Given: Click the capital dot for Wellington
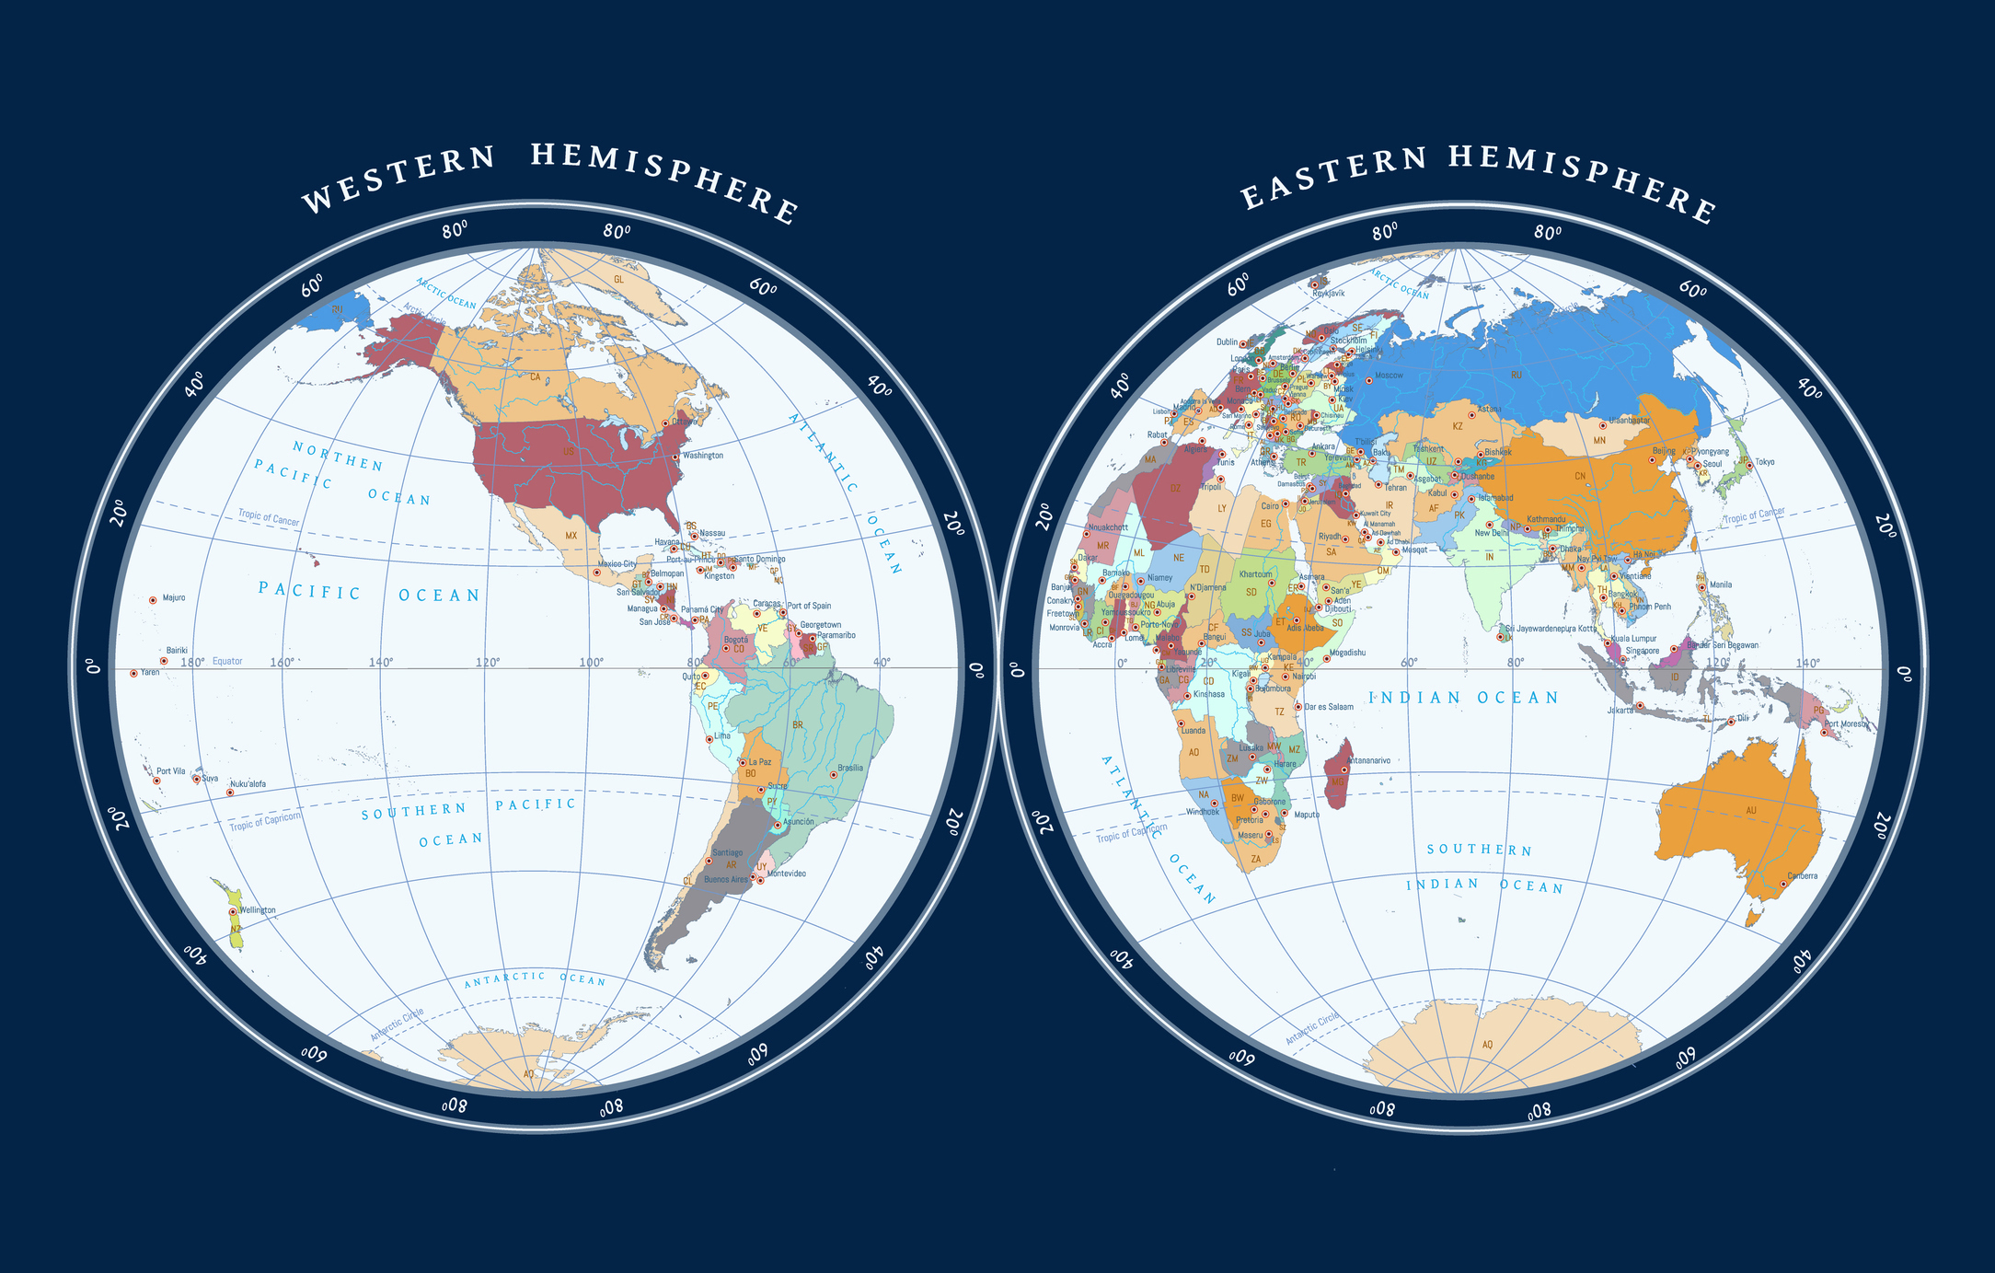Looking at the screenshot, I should pyautogui.click(x=233, y=912).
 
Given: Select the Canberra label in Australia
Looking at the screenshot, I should pyautogui.click(x=1803, y=876).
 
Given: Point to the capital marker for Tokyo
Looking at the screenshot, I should pyautogui.click(x=1748, y=465).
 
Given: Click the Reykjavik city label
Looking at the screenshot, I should pyautogui.click(x=1328, y=294).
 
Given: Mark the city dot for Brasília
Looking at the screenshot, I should pyautogui.click(x=834, y=775).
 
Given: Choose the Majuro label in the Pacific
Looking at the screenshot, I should pyautogui.click(x=174, y=598).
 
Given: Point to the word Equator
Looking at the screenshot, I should pyautogui.click(x=227, y=661).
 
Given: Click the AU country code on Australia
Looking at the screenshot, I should pyautogui.click(x=1750, y=811).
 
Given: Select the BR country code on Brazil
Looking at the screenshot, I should pyautogui.click(x=797, y=725).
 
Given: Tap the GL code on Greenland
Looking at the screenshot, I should pyautogui.click(x=618, y=279).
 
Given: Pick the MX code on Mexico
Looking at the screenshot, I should pyautogui.click(x=571, y=536).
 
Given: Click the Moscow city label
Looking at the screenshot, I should pyautogui.click(x=1389, y=376).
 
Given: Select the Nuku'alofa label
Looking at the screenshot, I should pyautogui.click(x=248, y=784).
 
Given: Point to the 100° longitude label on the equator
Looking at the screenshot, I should pyautogui.click(x=591, y=663).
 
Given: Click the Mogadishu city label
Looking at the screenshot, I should pyautogui.click(x=1348, y=653).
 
